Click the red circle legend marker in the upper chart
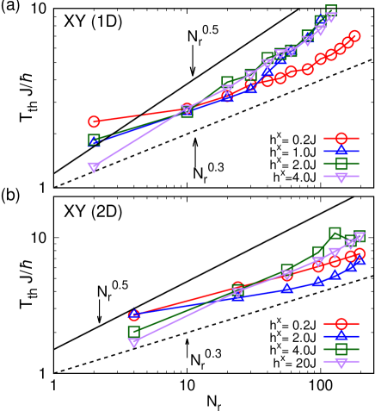click(x=341, y=138)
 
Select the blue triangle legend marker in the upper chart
click(x=341, y=150)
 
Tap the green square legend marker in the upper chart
click(x=341, y=163)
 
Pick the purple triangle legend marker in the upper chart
click(x=341, y=177)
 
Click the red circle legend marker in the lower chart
click(x=341, y=323)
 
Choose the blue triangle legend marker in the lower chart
click(x=341, y=335)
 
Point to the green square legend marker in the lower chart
click(x=341, y=348)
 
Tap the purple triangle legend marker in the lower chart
click(x=341, y=362)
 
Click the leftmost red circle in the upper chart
click(x=94, y=121)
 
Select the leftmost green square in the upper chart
click(x=94, y=140)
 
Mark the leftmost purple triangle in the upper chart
click(x=94, y=167)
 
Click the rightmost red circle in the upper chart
click(x=354, y=35)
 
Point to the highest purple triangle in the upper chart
click(x=331, y=17)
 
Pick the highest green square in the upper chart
click(x=331, y=10)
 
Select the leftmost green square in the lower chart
click(x=133, y=331)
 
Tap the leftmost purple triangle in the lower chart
click(x=133, y=342)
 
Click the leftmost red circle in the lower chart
click(x=133, y=315)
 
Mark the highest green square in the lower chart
click(x=335, y=233)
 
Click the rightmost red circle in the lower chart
click(x=360, y=253)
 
